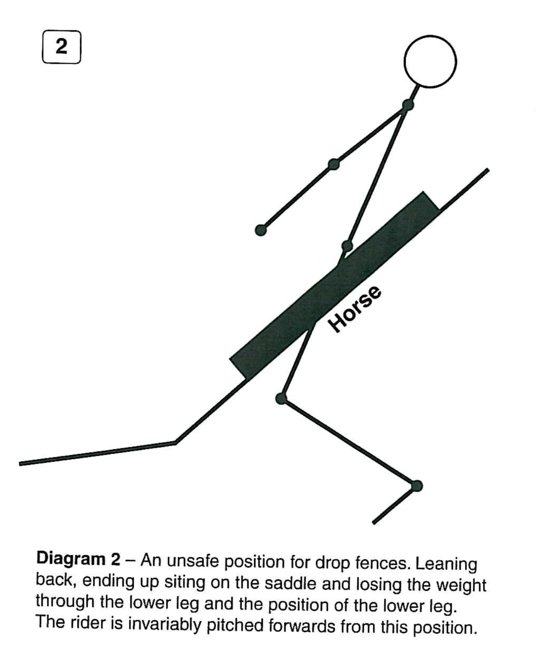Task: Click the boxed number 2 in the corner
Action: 61,47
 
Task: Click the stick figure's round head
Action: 430,61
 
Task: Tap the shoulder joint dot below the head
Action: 408,105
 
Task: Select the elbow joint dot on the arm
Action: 334,164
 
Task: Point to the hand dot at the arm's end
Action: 261,230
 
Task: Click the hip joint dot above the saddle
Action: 347,246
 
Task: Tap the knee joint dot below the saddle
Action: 281,398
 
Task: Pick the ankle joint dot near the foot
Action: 417,486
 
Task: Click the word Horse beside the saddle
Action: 355,309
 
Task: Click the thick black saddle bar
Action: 335,285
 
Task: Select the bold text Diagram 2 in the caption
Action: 78,559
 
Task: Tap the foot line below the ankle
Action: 395,505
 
